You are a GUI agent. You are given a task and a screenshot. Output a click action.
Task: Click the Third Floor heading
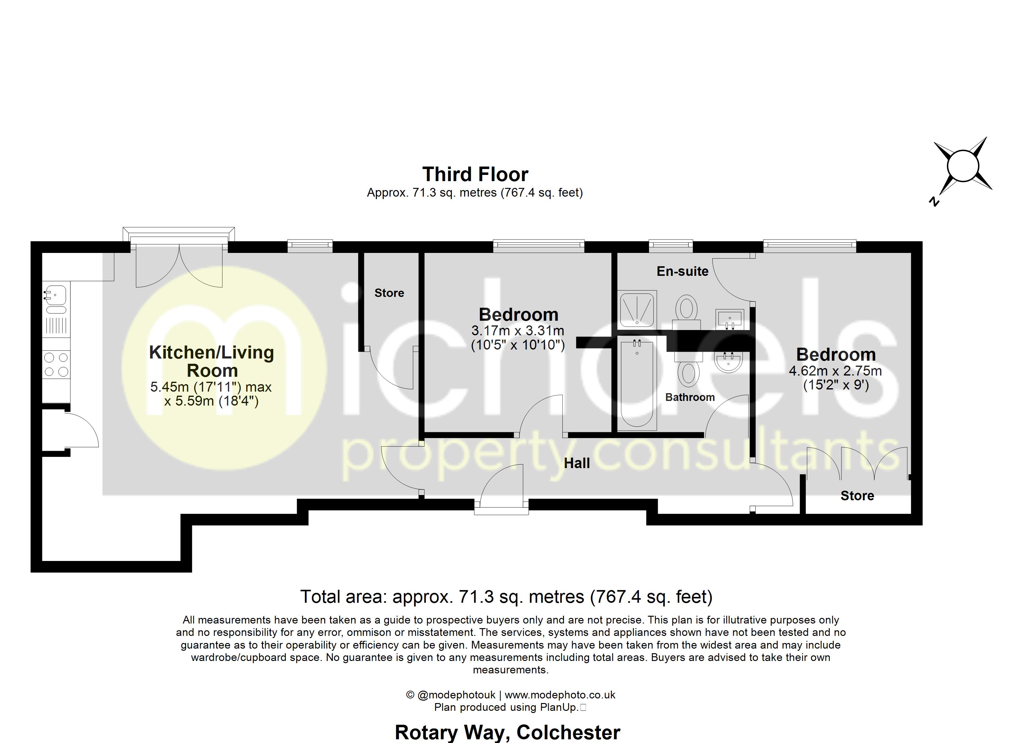click(x=475, y=174)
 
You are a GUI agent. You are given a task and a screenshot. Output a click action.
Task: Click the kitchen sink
click(x=56, y=299)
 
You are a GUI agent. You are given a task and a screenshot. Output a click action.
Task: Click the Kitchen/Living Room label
click(x=212, y=361)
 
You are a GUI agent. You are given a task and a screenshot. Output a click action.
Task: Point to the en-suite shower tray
click(x=637, y=309)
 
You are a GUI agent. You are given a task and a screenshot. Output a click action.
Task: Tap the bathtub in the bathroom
click(x=637, y=384)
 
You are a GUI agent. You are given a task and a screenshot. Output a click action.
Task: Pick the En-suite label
click(x=682, y=271)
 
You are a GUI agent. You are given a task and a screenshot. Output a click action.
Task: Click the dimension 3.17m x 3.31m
click(x=518, y=331)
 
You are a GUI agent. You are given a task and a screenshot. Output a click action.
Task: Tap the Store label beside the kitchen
click(x=389, y=293)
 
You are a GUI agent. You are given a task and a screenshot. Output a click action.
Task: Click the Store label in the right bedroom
click(x=857, y=496)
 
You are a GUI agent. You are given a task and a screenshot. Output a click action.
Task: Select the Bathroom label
click(x=690, y=397)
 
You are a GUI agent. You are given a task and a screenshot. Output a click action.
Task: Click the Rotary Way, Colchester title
click(x=507, y=732)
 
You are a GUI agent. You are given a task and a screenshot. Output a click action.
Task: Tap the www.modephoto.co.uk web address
click(x=560, y=695)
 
